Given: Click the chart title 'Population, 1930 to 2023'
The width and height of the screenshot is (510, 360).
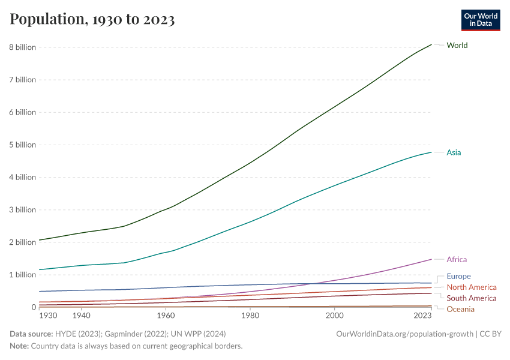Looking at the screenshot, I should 92,20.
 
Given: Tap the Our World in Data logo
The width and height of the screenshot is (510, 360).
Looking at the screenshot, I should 480,20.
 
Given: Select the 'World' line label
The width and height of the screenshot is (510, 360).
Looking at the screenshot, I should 457,46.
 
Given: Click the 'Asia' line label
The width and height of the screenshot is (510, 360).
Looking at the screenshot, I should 454,152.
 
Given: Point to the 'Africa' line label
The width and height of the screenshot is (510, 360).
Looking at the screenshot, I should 457,260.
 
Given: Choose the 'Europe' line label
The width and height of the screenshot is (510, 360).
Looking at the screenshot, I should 458,277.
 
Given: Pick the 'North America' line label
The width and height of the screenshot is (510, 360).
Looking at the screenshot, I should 472,287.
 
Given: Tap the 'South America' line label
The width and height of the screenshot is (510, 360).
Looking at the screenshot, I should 472,298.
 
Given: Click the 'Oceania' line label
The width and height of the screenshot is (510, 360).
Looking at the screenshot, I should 460,309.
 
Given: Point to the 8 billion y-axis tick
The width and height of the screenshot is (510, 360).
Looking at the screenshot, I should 23,47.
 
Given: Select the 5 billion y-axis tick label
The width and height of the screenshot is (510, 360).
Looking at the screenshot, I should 23,145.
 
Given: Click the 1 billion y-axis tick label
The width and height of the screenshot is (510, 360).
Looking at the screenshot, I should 23,275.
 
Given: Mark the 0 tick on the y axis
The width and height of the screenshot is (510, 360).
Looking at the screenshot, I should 34,307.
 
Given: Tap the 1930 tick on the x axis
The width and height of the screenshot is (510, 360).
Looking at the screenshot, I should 48,316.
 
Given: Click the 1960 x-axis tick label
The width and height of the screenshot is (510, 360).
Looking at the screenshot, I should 166,316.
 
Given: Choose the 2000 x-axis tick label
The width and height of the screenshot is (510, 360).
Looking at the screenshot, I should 334,316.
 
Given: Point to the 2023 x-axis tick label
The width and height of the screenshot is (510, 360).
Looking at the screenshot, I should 422,316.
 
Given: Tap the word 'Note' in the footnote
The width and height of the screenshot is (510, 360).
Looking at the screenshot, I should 20,346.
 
